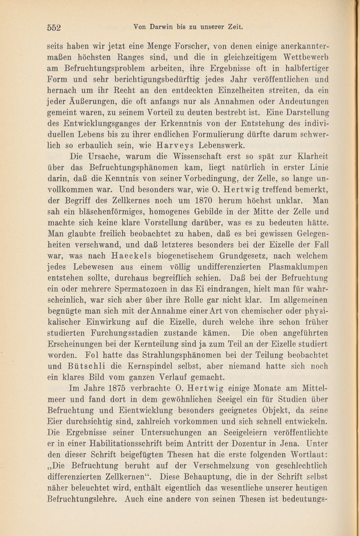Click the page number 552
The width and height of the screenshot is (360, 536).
[x=58, y=27]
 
